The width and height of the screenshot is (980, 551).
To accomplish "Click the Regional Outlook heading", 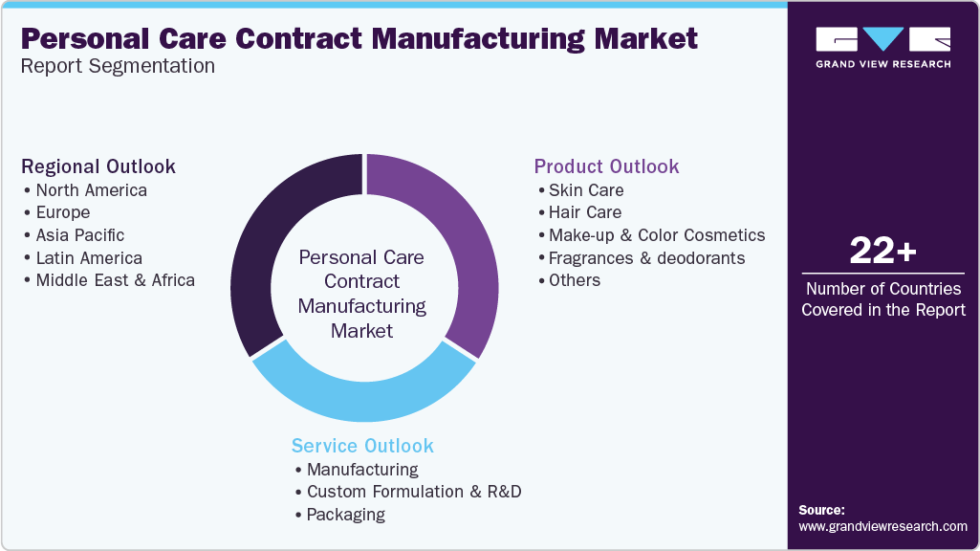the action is point(98,166).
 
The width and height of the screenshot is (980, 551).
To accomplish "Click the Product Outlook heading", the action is point(606,166).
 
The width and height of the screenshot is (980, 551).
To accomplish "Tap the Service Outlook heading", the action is point(362,446).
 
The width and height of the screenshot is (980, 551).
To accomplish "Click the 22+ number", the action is point(882,251).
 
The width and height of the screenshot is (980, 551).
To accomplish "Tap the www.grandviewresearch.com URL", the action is point(882,527).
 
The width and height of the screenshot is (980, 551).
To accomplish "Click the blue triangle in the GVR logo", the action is point(882,38).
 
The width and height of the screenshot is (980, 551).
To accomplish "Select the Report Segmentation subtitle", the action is point(118,66).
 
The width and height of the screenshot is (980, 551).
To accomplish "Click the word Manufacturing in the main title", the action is point(477,39).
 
